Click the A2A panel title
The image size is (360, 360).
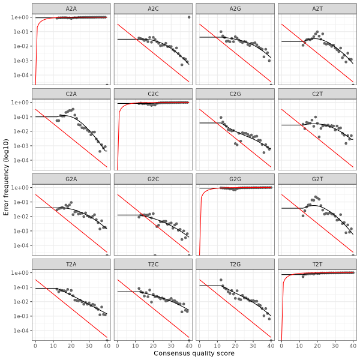(71, 8)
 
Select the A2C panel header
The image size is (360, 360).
(153, 8)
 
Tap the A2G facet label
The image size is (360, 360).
(235, 8)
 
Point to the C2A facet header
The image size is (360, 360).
(71, 94)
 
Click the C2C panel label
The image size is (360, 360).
(153, 94)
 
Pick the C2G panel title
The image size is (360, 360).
(235, 94)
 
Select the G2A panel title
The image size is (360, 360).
(71, 179)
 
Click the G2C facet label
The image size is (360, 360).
(153, 179)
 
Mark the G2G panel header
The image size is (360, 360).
(235, 179)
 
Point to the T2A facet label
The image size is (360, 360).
(71, 264)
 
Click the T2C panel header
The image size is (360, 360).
(153, 264)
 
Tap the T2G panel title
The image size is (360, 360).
(235, 264)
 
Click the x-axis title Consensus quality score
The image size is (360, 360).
(194, 353)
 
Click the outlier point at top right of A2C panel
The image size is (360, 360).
(189, 17)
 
